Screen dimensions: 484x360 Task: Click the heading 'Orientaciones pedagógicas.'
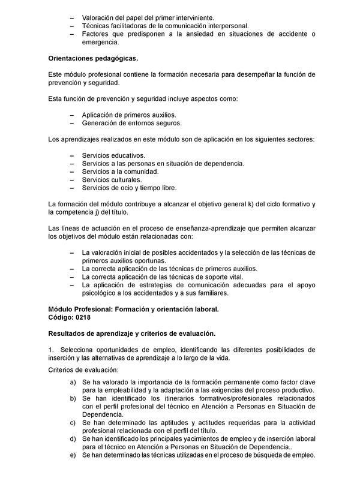coord(93,58)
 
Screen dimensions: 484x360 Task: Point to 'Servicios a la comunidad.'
coord(120,171)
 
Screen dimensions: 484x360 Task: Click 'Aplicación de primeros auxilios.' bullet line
coord(130,114)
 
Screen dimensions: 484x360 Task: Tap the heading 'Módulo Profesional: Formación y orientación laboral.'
coord(133,309)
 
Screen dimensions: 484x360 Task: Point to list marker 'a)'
coord(73,382)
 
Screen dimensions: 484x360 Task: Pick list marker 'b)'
coord(73,398)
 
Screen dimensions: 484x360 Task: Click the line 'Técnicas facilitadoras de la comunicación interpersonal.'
coord(165,26)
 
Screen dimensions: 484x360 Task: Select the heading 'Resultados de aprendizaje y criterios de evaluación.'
coord(131,332)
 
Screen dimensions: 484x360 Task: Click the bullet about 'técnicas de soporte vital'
coord(162,277)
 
